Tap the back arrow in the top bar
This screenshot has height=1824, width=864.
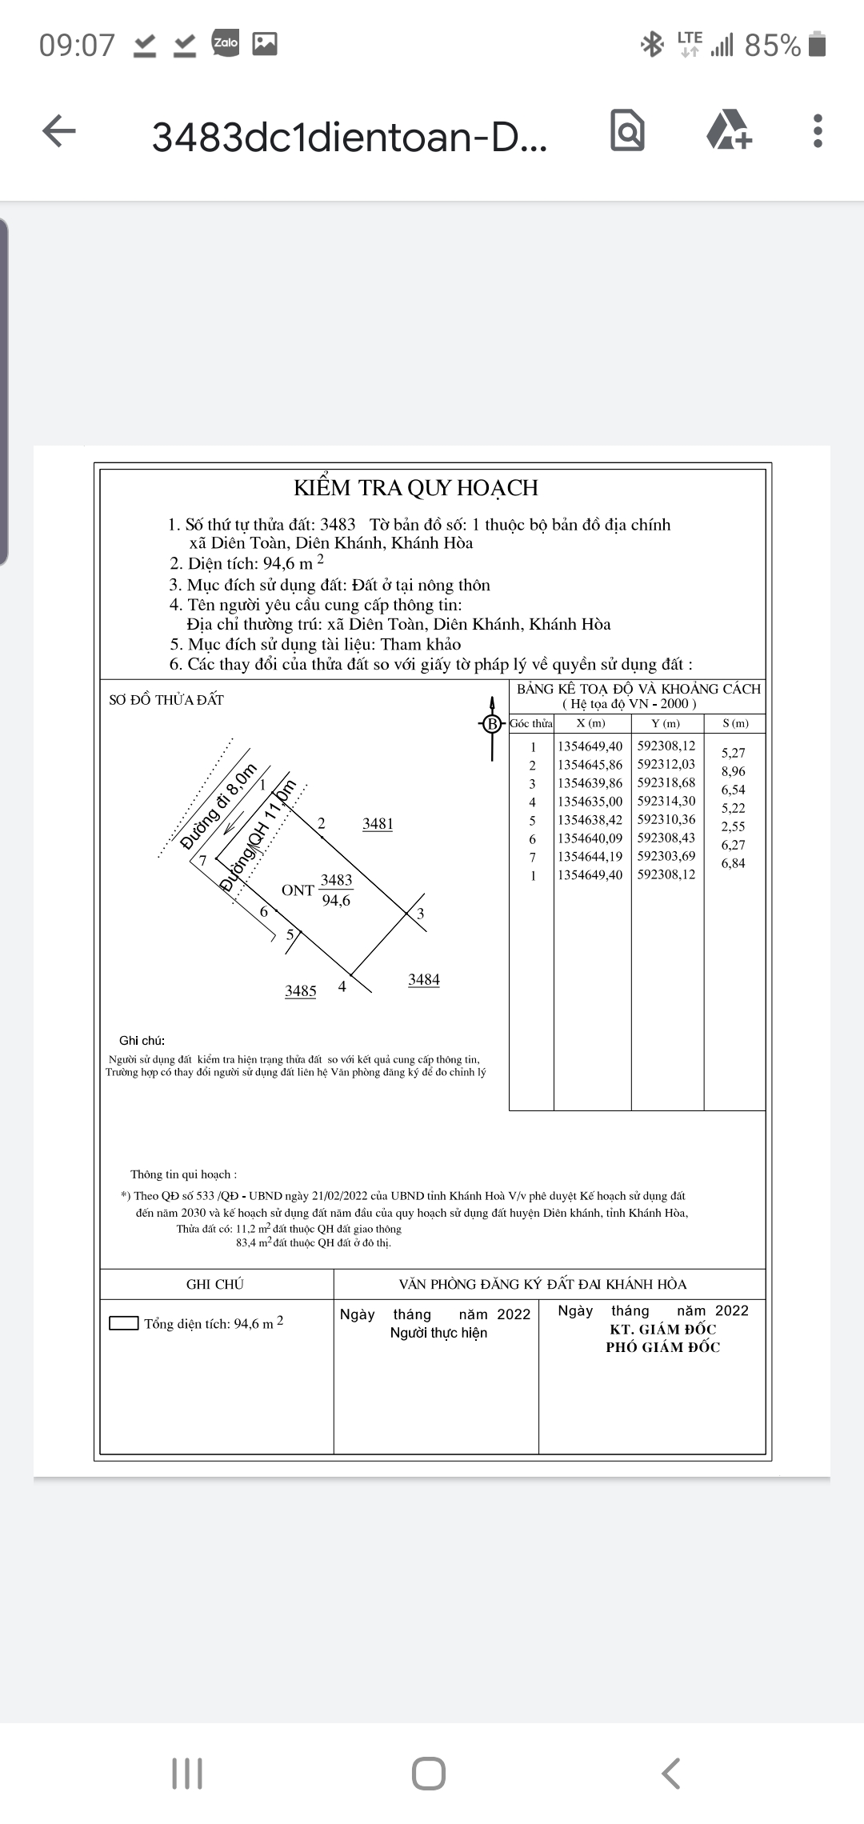[x=59, y=131]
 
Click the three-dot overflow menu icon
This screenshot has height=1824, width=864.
[x=817, y=131]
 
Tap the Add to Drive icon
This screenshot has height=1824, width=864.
[x=728, y=130]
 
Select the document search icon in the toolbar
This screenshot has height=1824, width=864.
[x=627, y=130]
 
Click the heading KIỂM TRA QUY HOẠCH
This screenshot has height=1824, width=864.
[x=416, y=488]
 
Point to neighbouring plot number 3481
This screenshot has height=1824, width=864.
[x=378, y=824]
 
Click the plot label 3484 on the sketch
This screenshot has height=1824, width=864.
[x=424, y=980]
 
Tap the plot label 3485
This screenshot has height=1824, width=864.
[x=301, y=991]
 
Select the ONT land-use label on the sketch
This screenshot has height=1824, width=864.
[x=298, y=890]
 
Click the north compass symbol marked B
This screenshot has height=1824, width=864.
[x=492, y=725]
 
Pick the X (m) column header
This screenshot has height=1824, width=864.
[x=591, y=723]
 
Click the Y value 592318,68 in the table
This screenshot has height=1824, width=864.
[x=666, y=782]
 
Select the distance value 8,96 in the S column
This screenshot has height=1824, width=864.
[x=733, y=771]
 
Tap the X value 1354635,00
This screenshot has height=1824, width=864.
[x=590, y=801]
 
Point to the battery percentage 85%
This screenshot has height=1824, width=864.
[x=772, y=46]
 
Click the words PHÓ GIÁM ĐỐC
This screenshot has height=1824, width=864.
[x=662, y=1347]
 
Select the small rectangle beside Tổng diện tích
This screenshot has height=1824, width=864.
[x=124, y=1323]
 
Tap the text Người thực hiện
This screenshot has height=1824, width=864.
[x=438, y=1333]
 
